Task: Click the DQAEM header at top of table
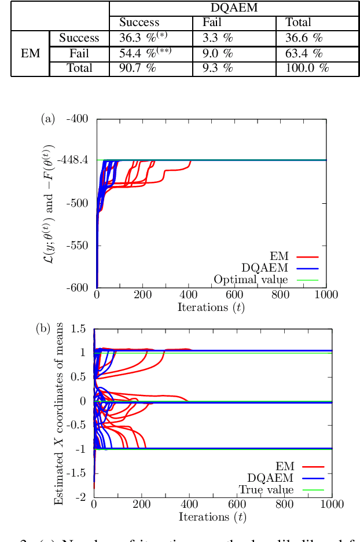(234, 8)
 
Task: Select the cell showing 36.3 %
(145, 38)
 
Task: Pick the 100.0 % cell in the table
(307, 68)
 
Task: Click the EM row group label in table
(30, 53)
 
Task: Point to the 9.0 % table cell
(218, 53)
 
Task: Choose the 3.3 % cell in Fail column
(218, 38)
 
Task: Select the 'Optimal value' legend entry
(251, 280)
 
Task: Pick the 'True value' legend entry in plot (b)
(266, 490)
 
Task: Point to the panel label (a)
(47, 119)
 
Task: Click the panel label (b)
(43, 328)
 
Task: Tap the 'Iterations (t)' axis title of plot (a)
(211, 307)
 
